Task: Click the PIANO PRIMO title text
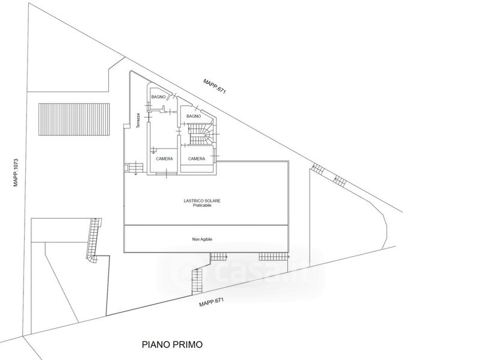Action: [172, 344]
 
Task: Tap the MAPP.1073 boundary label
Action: [16, 172]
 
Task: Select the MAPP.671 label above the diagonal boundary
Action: [215, 86]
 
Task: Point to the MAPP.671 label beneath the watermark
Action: [212, 303]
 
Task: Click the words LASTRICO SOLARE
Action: [202, 201]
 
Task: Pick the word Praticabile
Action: [202, 206]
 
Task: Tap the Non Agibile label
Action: [202, 239]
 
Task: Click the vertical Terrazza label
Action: [138, 121]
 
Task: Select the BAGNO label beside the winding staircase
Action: [194, 116]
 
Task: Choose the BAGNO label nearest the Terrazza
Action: [158, 97]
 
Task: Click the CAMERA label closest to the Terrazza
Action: [164, 159]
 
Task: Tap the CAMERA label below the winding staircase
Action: [197, 159]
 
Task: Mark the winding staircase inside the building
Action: [201, 134]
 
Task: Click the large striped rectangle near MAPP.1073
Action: [74, 119]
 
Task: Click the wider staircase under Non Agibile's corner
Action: [274, 257]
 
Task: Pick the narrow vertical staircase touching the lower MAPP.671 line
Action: [197, 281]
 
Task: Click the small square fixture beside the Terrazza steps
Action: [126, 168]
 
